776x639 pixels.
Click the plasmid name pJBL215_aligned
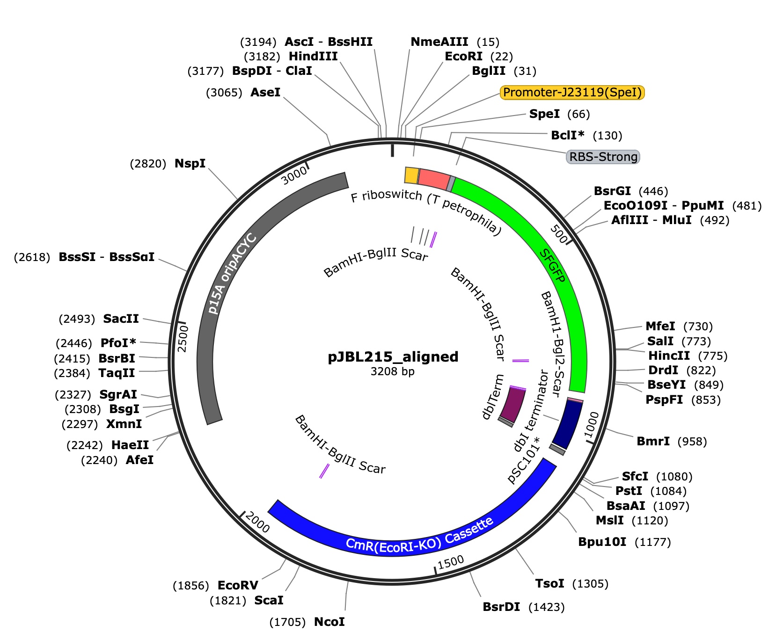393,357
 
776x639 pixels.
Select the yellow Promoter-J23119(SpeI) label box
572,92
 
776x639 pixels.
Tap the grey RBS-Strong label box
603,157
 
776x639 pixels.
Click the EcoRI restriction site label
463,57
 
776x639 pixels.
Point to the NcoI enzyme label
329,622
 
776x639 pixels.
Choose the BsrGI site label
612,191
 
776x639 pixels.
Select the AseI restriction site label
265,92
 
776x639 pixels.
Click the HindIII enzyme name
313,57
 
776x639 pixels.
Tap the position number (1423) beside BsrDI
546,607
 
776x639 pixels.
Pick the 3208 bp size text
392,371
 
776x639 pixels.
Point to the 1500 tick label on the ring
451,561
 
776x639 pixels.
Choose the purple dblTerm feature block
512,405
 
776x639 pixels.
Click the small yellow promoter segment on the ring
411,175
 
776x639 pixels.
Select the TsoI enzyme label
549,583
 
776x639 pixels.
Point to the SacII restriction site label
121,319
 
